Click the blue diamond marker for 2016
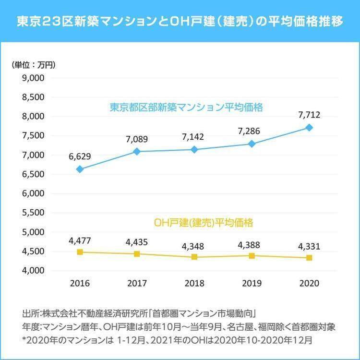coord(80,169)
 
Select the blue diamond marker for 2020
coord(309,128)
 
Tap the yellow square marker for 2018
coord(194,257)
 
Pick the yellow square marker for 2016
coord(80,252)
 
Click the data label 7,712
coord(309,115)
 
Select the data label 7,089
coord(137,139)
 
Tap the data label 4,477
coord(80,240)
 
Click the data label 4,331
coord(309,247)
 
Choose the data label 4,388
coord(252,245)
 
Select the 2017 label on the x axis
coord(137,283)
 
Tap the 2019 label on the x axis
coord(252,283)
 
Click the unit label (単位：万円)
coord(34,65)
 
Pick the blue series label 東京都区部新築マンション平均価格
coord(186,107)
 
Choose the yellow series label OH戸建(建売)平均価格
coord(204,223)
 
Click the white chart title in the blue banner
coord(180,22)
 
